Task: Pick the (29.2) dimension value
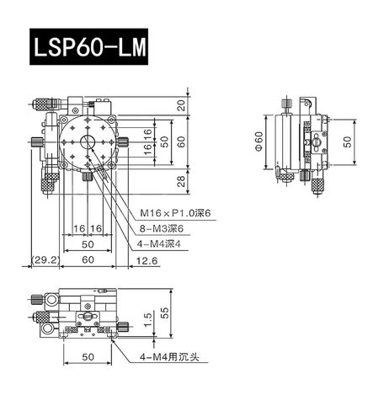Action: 43,260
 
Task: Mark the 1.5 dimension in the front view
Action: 148,318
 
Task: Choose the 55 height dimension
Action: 166,312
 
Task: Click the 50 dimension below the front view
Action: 88,357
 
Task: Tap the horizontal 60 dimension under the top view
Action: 88,260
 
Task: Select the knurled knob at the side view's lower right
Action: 319,185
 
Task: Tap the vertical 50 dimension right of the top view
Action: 166,139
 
